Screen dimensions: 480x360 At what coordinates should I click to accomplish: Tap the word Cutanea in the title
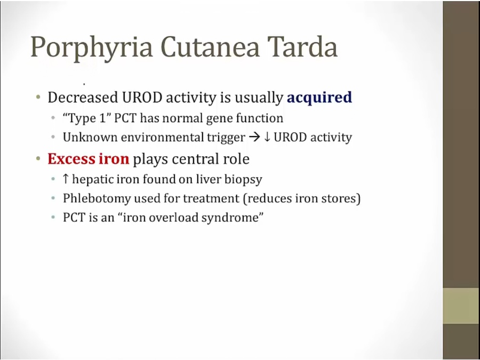click(x=210, y=46)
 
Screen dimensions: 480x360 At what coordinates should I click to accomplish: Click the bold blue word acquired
click(x=319, y=98)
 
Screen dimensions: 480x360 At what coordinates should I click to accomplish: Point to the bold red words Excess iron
click(x=88, y=159)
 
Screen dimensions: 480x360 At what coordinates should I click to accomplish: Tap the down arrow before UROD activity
click(x=267, y=138)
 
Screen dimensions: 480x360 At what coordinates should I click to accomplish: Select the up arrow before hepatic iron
click(x=66, y=179)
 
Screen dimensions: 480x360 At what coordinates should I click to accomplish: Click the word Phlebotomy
click(x=97, y=199)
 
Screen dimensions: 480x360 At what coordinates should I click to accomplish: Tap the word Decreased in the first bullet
click(x=83, y=98)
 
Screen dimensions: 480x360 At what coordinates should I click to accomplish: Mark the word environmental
click(x=162, y=138)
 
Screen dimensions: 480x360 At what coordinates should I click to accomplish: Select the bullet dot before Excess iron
click(x=38, y=159)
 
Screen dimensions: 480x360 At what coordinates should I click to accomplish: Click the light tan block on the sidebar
click(x=461, y=306)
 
